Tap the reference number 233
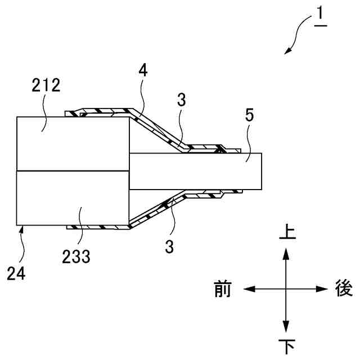point(75,257)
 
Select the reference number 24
point(16,274)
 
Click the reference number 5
point(250,116)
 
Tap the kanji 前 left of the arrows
point(223,289)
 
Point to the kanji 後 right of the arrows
point(343,289)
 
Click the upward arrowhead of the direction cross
point(286,251)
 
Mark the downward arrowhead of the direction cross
point(286,328)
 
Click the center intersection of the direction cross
point(286,289)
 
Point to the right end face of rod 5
point(263,171)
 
